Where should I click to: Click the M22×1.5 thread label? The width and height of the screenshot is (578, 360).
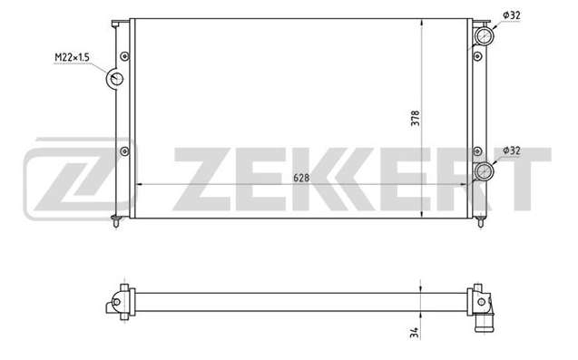72,57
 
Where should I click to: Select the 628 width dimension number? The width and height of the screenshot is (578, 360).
301,178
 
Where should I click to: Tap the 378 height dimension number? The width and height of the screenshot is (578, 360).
416,118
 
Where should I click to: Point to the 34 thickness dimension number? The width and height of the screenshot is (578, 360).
415,333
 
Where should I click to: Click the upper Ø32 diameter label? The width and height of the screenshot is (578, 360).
512,15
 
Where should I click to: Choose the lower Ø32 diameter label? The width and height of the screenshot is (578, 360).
512,151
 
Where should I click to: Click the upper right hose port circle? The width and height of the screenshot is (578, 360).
484,35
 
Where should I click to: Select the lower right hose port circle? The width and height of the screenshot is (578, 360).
484,171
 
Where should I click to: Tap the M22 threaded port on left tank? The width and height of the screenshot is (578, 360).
115,79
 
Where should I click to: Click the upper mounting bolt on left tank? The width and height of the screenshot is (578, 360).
125,56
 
